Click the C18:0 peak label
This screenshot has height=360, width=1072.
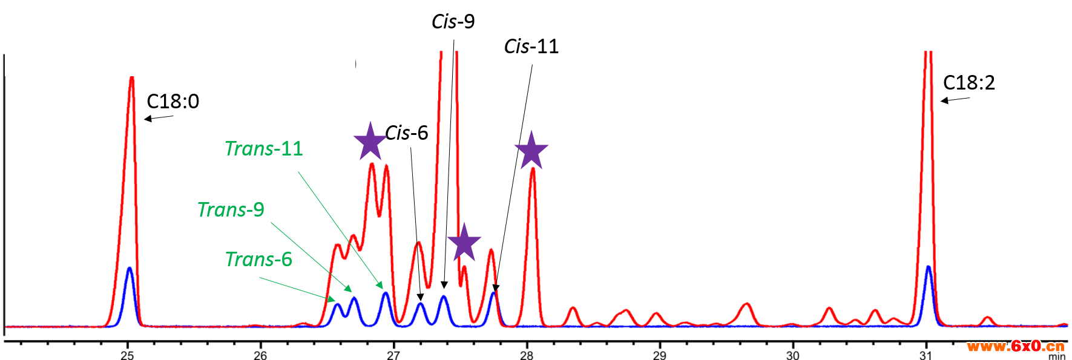coord(173,102)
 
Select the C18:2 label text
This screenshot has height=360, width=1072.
coord(968,83)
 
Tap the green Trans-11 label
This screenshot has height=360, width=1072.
coord(263,149)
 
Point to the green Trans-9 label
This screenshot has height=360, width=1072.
coord(231,210)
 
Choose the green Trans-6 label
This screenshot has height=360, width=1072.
coord(258,260)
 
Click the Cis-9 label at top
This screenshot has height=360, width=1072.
coord(453,22)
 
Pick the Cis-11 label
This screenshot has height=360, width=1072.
coord(531,47)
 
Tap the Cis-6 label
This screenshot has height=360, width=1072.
coord(407,133)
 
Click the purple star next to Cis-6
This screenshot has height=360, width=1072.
coord(370,142)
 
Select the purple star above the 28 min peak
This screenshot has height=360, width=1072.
coord(531,151)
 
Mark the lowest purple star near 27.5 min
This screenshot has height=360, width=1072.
coord(464,243)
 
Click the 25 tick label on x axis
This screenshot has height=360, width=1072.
coord(127,355)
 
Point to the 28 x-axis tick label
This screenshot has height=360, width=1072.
coord(527,355)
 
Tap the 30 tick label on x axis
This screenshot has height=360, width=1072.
coord(793,355)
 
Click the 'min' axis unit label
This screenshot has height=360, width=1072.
coord(1056,356)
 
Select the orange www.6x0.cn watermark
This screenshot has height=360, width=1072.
coord(1015,346)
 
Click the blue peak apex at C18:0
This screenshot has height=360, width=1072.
coord(129,268)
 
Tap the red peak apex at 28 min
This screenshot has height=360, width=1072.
coord(533,169)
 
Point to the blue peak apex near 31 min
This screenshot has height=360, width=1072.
coord(928,267)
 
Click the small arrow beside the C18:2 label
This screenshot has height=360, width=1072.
coord(955,100)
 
